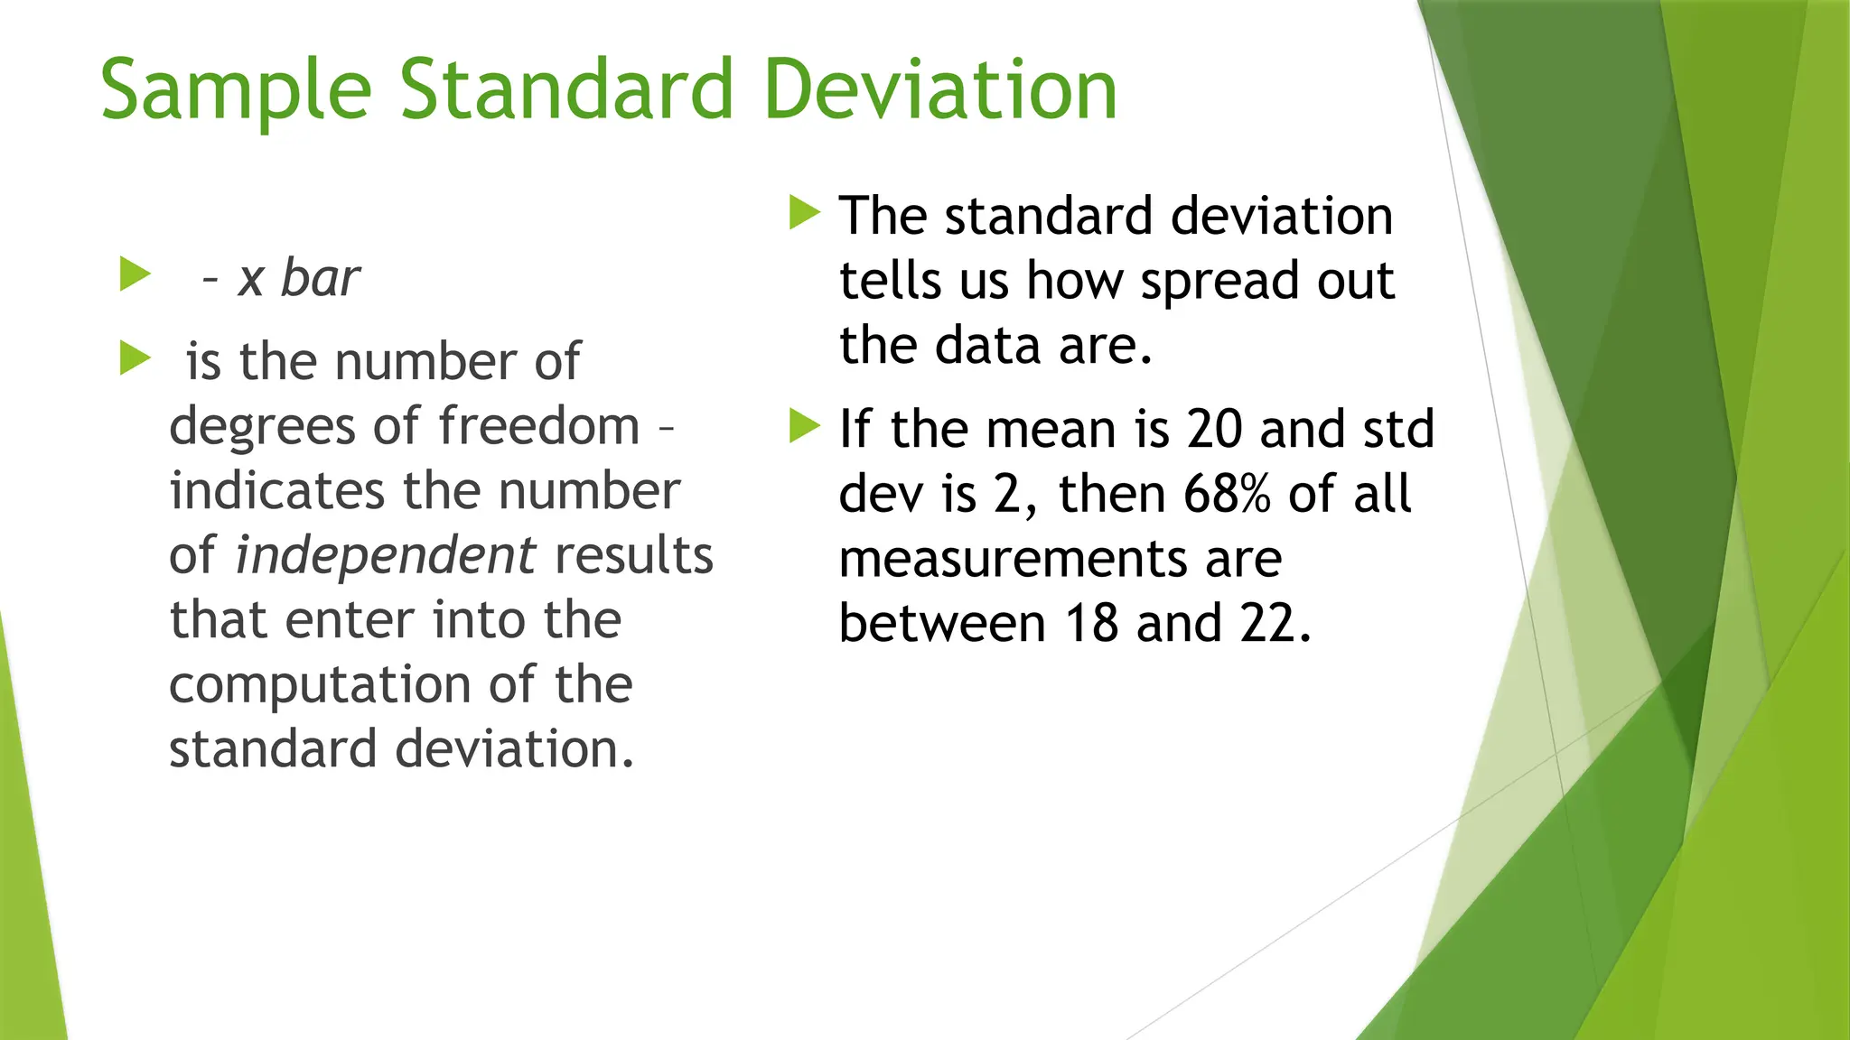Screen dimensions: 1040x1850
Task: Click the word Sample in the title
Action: (236, 90)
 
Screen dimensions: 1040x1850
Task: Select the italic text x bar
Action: (299, 277)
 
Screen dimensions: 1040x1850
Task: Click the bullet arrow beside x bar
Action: (135, 274)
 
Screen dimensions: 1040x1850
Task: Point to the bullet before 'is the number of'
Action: (135, 358)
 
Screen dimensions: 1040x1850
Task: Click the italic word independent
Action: (386, 554)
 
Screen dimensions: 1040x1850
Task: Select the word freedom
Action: (539, 425)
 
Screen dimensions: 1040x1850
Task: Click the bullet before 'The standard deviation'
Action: (804, 213)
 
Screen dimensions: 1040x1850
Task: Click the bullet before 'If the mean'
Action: (804, 425)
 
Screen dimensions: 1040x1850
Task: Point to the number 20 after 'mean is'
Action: (1215, 429)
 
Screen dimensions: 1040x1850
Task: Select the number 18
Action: (1091, 623)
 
